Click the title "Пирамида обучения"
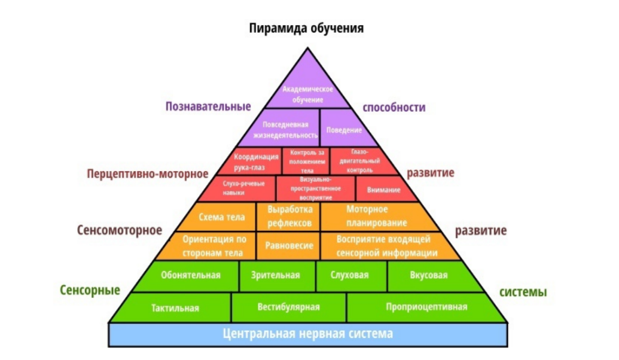pyautogui.click(x=306, y=29)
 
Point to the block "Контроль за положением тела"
pyautogui.click(x=306, y=161)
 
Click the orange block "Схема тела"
pyautogui.click(x=221, y=216)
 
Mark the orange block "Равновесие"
pyautogui.click(x=289, y=246)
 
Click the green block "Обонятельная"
pyautogui.click(x=190, y=276)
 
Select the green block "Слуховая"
pyautogui.click(x=350, y=276)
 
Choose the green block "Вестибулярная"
pyautogui.click(x=289, y=307)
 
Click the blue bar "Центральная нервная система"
pyautogui.click(x=308, y=334)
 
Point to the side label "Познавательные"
pyautogui.click(x=208, y=106)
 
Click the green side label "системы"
pyautogui.click(x=523, y=292)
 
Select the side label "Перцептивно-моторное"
pyautogui.click(x=148, y=173)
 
